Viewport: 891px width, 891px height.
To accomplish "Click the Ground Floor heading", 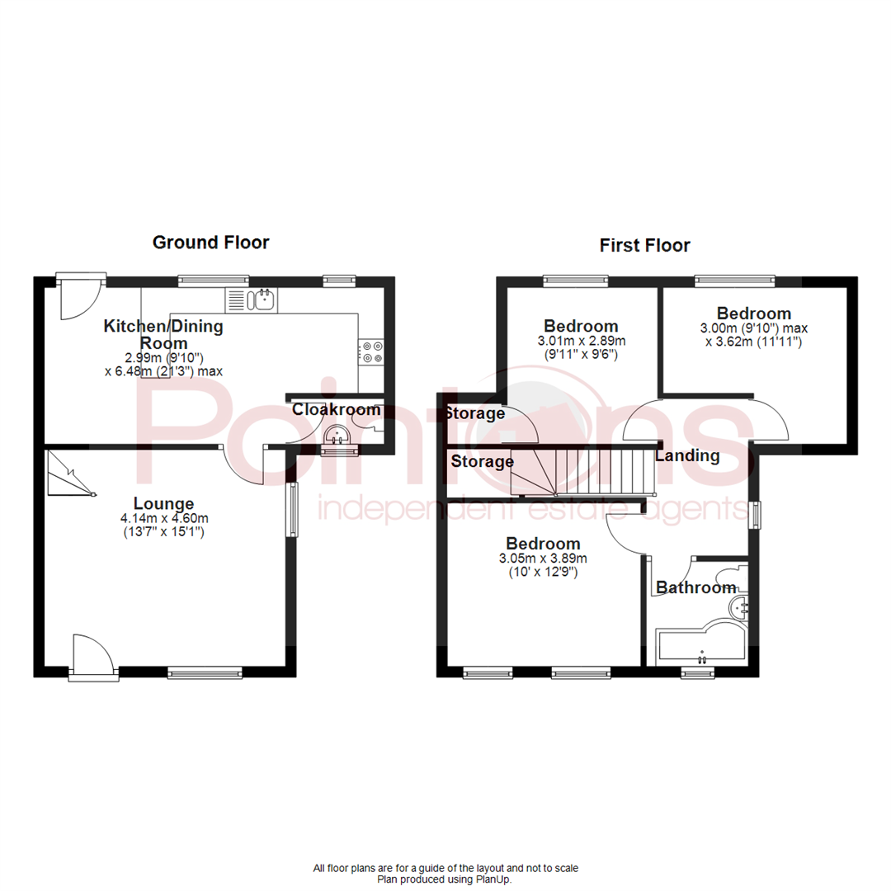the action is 211,243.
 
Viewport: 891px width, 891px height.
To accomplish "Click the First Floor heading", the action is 645,246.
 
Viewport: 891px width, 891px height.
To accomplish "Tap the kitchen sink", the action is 251,300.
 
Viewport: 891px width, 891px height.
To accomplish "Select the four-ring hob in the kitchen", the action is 370,351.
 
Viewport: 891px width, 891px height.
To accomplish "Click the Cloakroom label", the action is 336,410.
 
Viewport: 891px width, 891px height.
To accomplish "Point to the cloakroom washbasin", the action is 337,436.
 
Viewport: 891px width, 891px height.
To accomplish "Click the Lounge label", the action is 163,503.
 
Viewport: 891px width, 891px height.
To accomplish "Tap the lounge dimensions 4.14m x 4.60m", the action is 164,518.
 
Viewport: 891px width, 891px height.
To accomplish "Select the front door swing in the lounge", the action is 94,655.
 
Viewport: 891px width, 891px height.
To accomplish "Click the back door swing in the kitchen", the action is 81,298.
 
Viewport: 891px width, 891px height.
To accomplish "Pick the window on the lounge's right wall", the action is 291,510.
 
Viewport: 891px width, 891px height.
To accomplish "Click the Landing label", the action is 687,455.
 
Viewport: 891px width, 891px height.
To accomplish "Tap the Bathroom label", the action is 696,587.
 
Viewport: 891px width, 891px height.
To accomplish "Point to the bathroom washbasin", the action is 738,607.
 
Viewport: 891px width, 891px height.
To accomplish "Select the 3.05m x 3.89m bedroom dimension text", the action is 543,559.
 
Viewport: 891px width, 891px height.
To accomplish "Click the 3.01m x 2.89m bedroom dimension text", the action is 582,341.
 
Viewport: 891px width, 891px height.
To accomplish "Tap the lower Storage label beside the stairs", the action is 482,461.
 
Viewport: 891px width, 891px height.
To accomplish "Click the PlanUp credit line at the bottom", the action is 445,879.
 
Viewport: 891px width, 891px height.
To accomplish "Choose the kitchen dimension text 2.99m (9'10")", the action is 164,357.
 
